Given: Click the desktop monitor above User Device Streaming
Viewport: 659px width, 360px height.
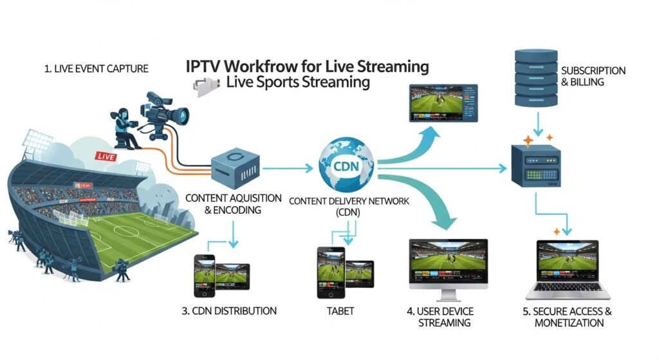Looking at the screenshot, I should (448, 267).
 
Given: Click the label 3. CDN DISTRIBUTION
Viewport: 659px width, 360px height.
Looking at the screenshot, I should (230, 311).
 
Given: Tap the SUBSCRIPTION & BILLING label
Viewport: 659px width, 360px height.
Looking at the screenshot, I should (593, 76).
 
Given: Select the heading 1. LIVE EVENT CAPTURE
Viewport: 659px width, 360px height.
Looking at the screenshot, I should (97, 69).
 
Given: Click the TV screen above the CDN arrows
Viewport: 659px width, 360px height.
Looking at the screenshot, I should (444, 102).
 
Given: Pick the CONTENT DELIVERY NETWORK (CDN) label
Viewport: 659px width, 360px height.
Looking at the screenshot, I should (349, 206).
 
